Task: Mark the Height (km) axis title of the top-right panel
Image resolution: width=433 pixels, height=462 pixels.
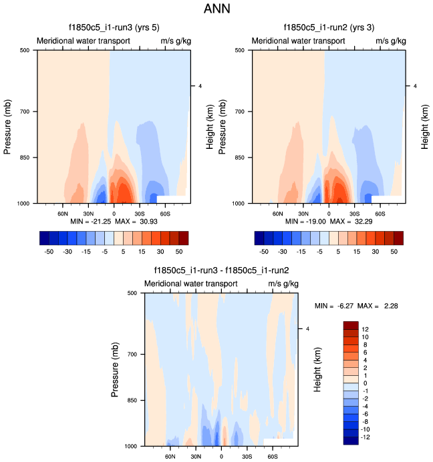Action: (x=425, y=127)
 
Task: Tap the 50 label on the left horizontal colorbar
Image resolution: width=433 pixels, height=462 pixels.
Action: (x=178, y=252)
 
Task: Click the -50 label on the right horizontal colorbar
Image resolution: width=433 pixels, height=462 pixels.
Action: (x=264, y=252)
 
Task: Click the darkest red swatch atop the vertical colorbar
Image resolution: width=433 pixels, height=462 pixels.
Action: (x=351, y=325)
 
